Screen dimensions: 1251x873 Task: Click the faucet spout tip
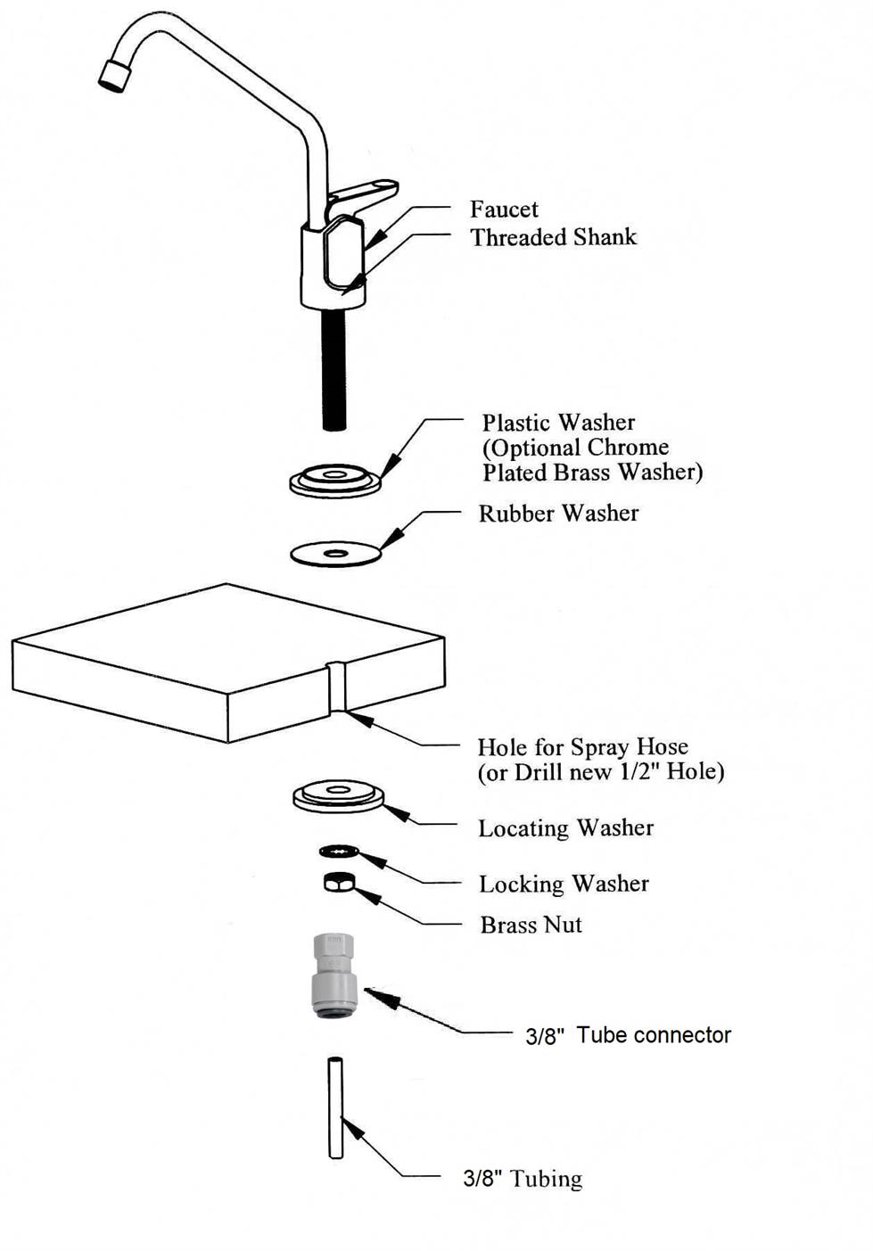coord(113,74)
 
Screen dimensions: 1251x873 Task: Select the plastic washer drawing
coord(334,481)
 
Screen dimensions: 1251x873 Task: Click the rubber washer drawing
coord(336,554)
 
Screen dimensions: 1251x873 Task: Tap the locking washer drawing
coord(339,852)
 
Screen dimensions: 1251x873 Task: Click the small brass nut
coord(339,882)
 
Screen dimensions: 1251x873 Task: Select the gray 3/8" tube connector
coord(334,976)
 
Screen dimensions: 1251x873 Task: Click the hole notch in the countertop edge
coord(336,687)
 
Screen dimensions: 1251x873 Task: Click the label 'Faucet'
coord(504,210)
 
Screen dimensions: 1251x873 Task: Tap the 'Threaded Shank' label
coord(553,237)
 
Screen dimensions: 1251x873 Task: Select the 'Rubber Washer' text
coord(558,514)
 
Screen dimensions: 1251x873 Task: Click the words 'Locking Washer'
coord(564,884)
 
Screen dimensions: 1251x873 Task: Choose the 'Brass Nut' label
coord(531,925)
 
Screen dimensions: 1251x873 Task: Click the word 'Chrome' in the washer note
coord(627,448)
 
